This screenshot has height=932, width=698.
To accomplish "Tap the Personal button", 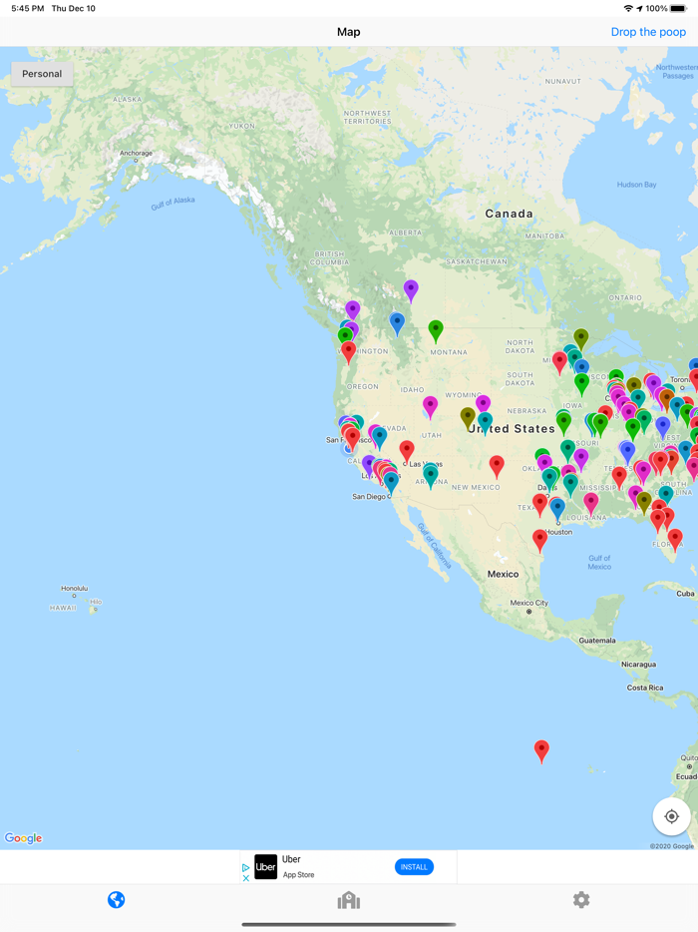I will pyautogui.click(x=42, y=74).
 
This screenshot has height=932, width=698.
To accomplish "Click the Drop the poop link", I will pyautogui.click(x=648, y=32).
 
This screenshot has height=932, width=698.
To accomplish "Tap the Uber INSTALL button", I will pyautogui.click(x=414, y=867).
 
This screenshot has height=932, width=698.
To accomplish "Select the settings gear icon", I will pyautogui.click(x=581, y=900).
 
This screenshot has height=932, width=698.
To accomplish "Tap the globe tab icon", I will pyautogui.click(x=117, y=900).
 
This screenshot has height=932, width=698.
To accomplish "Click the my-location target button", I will pyautogui.click(x=671, y=816).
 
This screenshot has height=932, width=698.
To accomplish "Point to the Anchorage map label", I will pyautogui.click(x=137, y=154).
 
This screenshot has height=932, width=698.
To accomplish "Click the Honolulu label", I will pyautogui.click(x=74, y=589).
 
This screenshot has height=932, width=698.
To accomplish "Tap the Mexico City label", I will pyautogui.click(x=528, y=603).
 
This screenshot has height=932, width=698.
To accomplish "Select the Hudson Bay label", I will pyautogui.click(x=636, y=185).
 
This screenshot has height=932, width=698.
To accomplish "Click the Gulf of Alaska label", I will pyautogui.click(x=173, y=203).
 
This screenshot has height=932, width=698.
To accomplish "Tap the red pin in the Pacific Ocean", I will pyautogui.click(x=541, y=749).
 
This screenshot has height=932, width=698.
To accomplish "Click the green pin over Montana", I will pyautogui.click(x=436, y=328).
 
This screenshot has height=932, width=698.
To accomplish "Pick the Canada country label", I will pyautogui.click(x=509, y=214).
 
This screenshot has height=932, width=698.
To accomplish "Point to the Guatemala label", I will pyautogui.click(x=596, y=640).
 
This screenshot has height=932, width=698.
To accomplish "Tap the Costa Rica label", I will pyautogui.click(x=644, y=688).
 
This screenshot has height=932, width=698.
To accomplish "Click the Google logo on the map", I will pyautogui.click(x=24, y=838).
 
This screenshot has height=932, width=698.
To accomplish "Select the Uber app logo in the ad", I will pyautogui.click(x=265, y=867).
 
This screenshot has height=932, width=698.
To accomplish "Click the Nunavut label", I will pyautogui.click(x=562, y=81).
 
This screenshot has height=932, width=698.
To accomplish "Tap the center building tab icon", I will pyautogui.click(x=348, y=900).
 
